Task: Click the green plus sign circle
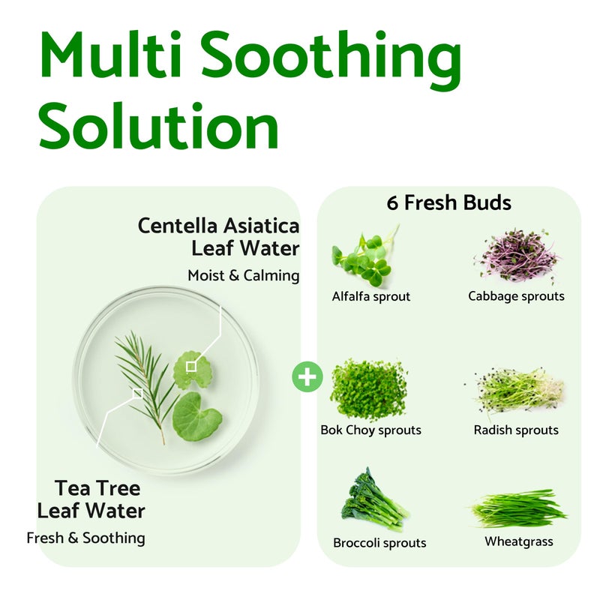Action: click(x=306, y=375)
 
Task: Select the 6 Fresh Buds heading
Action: click(x=449, y=202)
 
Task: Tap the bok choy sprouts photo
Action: click(x=368, y=389)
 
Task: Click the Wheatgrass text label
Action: click(x=519, y=541)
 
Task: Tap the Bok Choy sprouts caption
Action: click(x=370, y=430)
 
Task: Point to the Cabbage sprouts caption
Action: click(x=516, y=296)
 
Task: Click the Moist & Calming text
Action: click(x=243, y=275)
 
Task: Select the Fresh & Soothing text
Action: click(x=85, y=538)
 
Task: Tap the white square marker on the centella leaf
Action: click(x=191, y=365)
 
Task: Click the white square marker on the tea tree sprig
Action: click(x=137, y=392)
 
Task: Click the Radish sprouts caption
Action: click(x=516, y=430)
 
